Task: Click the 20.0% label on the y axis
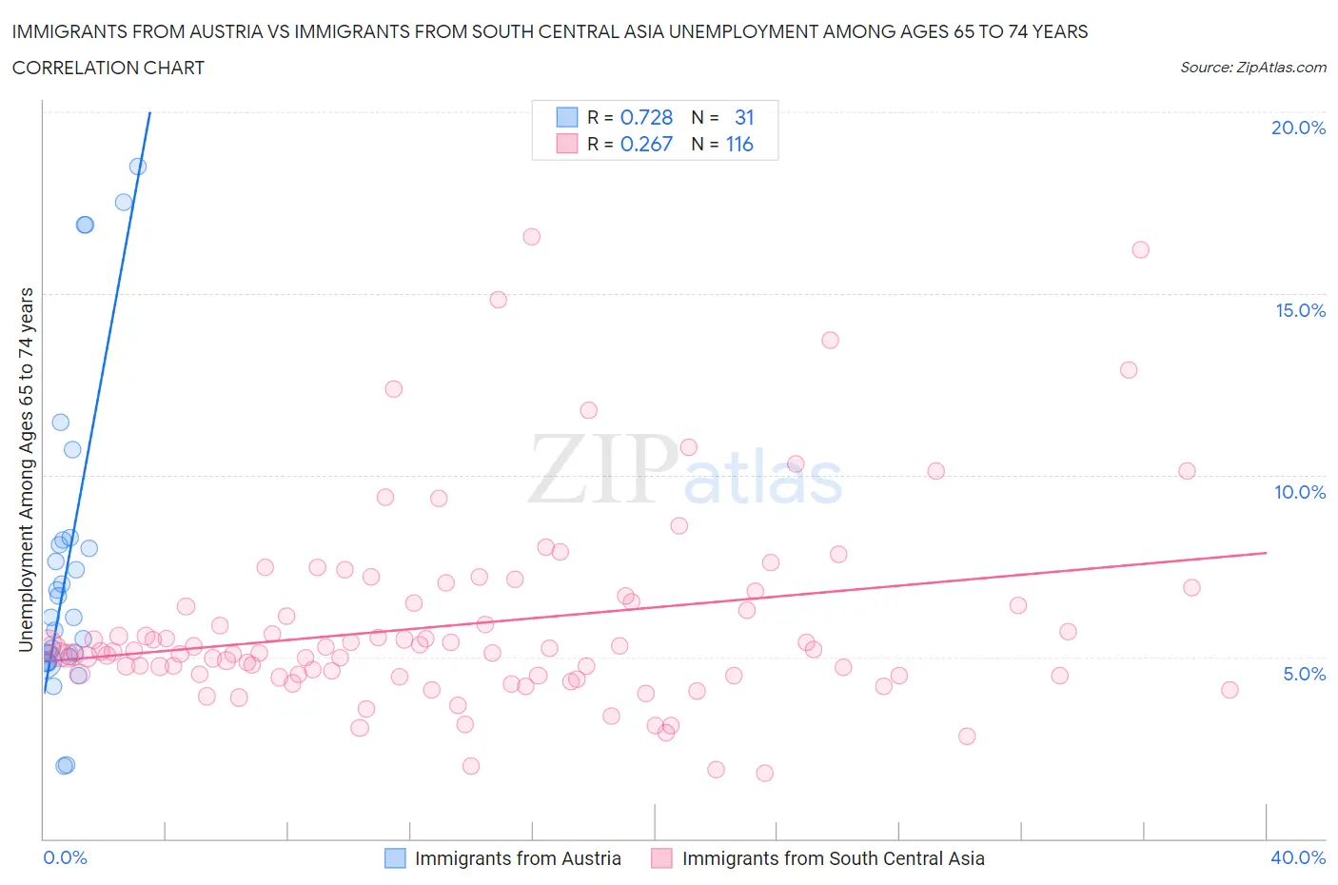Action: click(x=1298, y=128)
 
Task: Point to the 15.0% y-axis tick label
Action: click(x=1300, y=310)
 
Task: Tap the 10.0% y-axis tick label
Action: click(x=1300, y=492)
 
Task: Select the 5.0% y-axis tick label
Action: click(x=1304, y=674)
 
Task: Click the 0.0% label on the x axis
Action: click(x=65, y=857)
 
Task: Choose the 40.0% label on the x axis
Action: click(x=1298, y=857)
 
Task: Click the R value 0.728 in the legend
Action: click(x=646, y=117)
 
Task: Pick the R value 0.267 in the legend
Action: click(x=646, y=144)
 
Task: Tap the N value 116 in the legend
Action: click(x=739, y=144)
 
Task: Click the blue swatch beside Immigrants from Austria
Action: click(x=395, y=858)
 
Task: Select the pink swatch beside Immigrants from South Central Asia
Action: click(x=661, y=858)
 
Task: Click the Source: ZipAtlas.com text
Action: click(x=1252, y=68)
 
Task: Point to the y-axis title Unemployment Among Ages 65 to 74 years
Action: click(x=26, y=470)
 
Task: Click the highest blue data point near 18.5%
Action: click(x=138, y=167)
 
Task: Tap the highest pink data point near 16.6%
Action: click(x=532, y=237)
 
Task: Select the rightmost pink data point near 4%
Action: click(x=1230, y=690)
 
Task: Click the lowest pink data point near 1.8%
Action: click(x=764, y=773)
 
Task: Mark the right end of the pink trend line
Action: click(x=1266, y=552)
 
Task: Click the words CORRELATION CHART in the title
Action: click(x=108, y=68)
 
